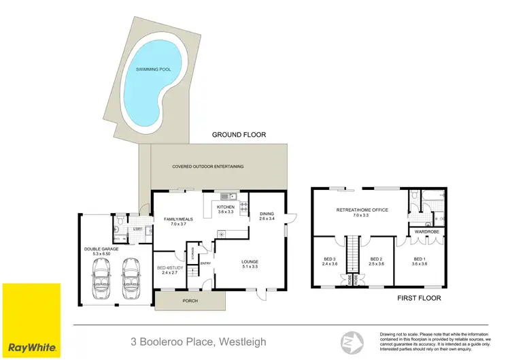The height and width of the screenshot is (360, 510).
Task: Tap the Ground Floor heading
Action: pyautogui.click(x=238, y=135)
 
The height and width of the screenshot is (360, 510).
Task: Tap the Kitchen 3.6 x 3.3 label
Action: pyautogui.click(x=225, y=209)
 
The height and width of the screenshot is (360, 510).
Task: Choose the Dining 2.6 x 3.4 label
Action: pyautogui.click(x=266, y=217)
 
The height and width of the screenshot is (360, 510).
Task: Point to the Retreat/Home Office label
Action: pyautogui.click(x=362, y=213)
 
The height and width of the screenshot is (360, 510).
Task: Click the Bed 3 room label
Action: pyautogui.click(x=328, y=261)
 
